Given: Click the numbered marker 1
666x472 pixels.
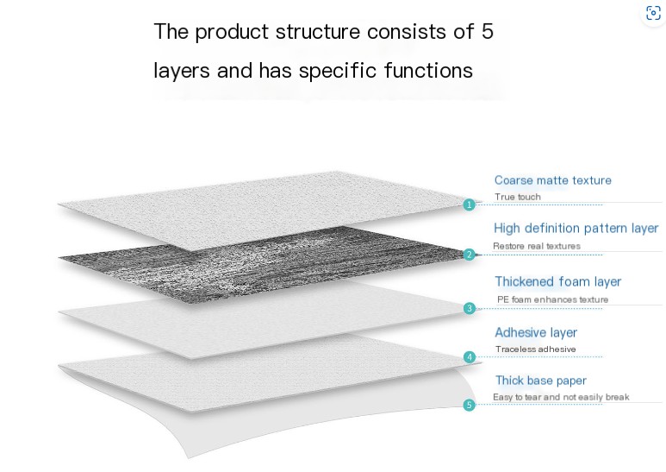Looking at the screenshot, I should click(x=469, y=205).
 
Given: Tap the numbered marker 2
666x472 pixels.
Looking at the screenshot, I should click(x=469, y=255).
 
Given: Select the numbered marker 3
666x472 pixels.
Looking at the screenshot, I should click(x=469, y=308).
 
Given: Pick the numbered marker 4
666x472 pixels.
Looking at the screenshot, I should click(x=469, y=356).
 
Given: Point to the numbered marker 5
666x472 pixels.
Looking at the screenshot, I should click(x=469, y=405).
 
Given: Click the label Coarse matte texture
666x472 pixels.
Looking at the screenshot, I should click(x=552, y=180).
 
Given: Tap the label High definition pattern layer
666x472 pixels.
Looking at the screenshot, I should click(x=576, y=229).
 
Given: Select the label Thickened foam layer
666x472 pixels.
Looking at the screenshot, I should click(x=557, y=281).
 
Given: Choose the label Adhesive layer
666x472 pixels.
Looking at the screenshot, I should click(x=536, y=332).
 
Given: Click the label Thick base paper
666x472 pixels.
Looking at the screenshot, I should click(x=540, y=381).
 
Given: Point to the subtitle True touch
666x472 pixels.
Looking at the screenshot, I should click(x=518, y=197).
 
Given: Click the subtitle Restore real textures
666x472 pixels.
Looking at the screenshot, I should click(x=537, y=246).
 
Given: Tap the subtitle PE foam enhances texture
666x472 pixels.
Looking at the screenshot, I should click(x=552, y=299).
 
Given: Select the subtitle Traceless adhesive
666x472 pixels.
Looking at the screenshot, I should click(x=535, y=349).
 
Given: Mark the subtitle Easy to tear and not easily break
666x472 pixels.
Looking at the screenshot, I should click(x=561, y=397).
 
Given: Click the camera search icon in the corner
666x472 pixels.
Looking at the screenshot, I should click(x=653, y=13).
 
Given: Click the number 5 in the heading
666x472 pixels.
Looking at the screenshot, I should click(x=487, y=32).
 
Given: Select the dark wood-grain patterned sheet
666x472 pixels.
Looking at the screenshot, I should click(x=258, y=255).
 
